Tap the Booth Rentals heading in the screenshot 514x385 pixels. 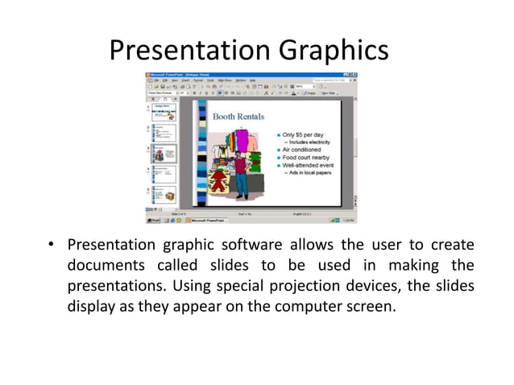[x=238, y=117]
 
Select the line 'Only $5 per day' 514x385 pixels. [x=303, y=135]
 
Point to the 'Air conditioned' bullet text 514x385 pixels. [x=301, y=150]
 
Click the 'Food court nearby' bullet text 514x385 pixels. [x=306, y=157]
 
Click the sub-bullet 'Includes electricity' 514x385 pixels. [x=313, y=142]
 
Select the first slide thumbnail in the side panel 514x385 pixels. [x=162, y=112]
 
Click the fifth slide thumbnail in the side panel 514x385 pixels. [x=162, y=195]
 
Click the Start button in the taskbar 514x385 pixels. [x=153, y=220]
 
